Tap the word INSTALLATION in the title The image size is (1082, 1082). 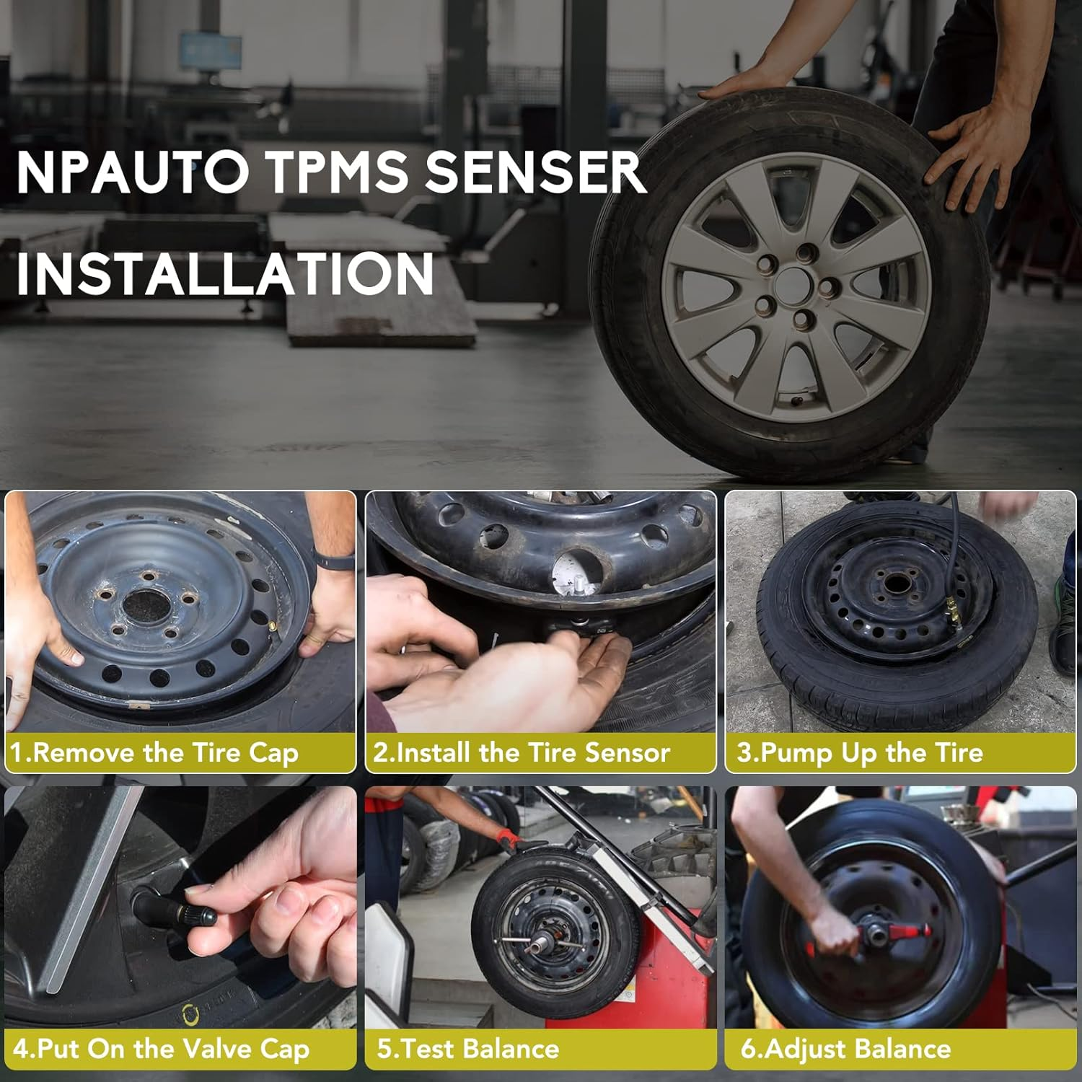pos(224,273)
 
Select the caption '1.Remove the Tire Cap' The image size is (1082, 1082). pos(154,752)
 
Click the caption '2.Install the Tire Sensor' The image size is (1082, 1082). pos(522,752)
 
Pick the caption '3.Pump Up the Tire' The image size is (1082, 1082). pos(860,752)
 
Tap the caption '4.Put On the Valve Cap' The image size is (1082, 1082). pos(161,1048)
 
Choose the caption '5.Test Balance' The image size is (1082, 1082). pos(468,1048)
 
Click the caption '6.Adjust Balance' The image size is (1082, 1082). pos(845,1048)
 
